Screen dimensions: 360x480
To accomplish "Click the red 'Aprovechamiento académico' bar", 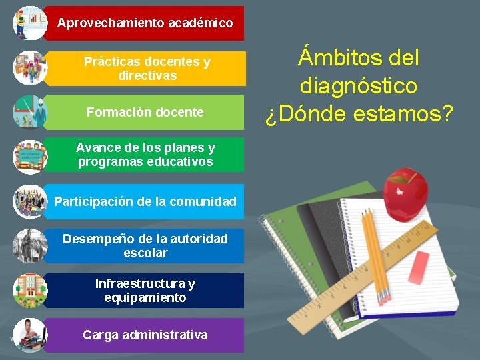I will tap(145, 23).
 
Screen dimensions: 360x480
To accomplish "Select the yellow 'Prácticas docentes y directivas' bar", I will tap(147, 68).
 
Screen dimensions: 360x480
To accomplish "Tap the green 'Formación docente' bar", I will tap(145, 112).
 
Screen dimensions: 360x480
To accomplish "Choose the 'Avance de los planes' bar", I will tap(145, 155).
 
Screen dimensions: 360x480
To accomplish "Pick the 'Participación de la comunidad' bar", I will tap(145, 201).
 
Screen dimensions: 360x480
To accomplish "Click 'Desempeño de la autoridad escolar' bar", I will tap(145, 245).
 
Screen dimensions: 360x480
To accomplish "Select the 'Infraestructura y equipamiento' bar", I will tap(145, 291).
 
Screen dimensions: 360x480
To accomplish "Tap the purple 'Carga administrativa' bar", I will tap(145, 335).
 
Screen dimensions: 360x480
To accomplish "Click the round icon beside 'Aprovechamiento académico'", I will tap(30, 23).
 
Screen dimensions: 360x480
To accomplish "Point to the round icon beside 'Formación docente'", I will tap(30, 112).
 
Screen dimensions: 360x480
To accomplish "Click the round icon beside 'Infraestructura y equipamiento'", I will tap(30, 291).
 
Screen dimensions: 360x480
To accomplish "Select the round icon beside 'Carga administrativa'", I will tap(30, 335).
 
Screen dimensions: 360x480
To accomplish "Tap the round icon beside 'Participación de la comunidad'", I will tap(30, 201).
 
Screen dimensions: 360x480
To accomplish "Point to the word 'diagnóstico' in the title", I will tap(359, 86).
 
